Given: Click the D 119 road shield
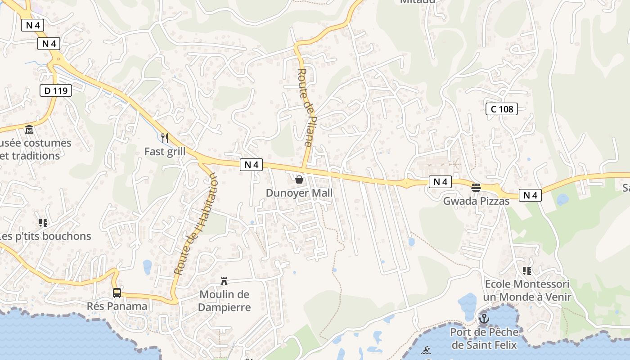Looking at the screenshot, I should (x=56, y=90).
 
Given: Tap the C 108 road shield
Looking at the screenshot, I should (x=502, y=108).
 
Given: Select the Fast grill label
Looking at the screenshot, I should (x=165, y=152).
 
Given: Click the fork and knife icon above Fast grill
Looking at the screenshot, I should (x=165, y=138).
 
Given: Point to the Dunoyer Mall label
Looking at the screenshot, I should (x=299, y=193).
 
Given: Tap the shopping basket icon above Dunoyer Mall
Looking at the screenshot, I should (x=299, y=180).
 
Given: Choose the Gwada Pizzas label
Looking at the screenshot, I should (x=476, y=201).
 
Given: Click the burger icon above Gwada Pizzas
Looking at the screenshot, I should (x=476, y=187).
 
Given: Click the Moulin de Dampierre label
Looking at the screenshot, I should (x=224, y=301).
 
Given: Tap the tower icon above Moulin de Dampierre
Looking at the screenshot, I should (x=224, y=282).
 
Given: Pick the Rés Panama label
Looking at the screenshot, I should (x=117, y=306).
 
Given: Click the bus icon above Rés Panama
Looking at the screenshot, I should (x=117, y=293).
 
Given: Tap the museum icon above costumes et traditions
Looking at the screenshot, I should (x=30, y=130).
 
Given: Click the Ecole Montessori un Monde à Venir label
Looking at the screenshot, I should (x=527, y=290).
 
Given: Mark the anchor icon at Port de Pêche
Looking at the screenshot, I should (x=484, y=319).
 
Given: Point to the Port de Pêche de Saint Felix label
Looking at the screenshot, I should (x=484, y=339).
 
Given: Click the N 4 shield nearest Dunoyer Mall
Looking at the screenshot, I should (x=251, y=165).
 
